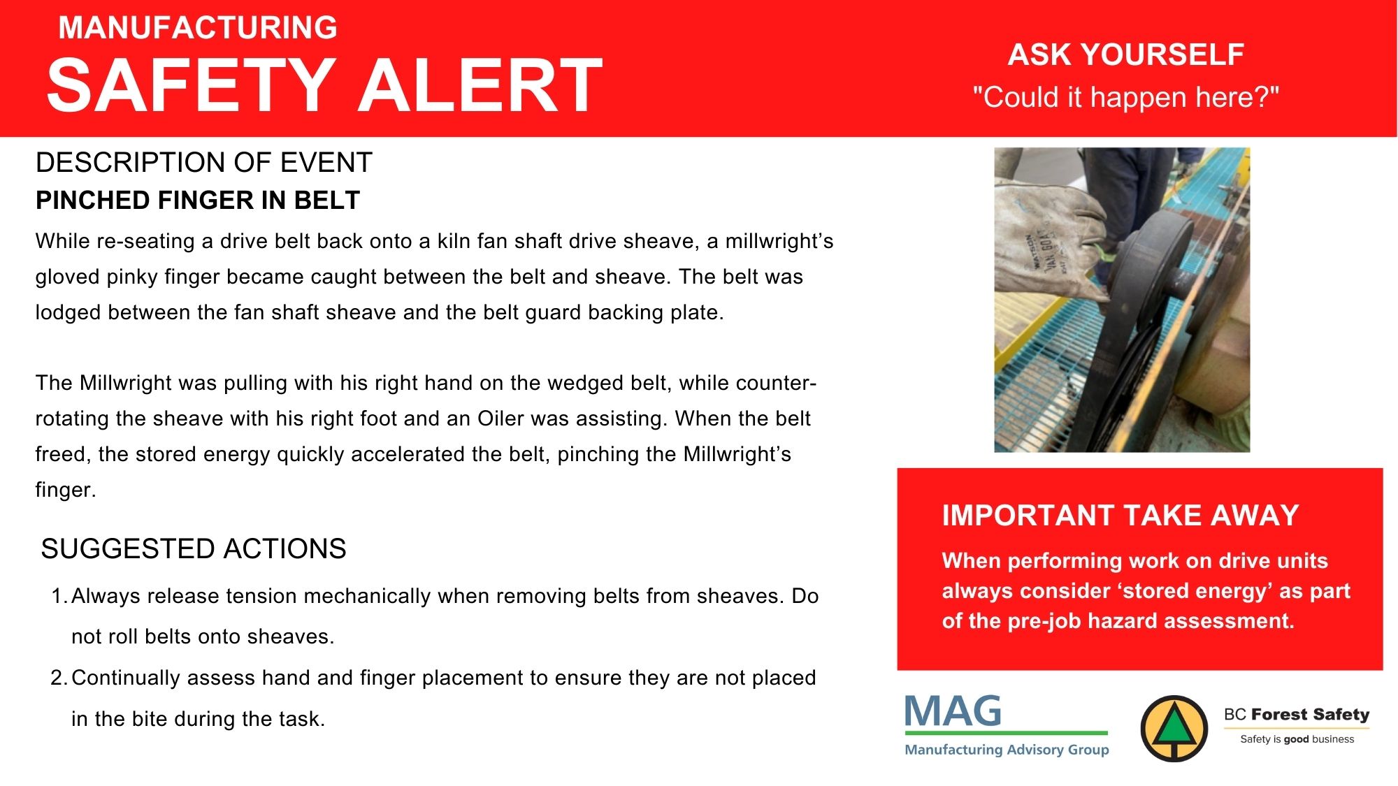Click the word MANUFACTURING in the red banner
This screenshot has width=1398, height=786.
point(198,28)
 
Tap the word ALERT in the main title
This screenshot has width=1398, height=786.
point(480,85)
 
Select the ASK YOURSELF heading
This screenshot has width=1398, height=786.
point(1126,54)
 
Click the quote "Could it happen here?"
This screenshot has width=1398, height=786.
point(1126,97)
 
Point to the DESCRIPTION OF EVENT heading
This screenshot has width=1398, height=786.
point(203,163)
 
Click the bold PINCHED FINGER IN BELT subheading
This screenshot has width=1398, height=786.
point(198,201)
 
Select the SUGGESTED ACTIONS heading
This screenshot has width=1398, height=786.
point(194,549)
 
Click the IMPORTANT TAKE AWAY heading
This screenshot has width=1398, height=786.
point(1120,516)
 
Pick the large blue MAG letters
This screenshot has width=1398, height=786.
point(953,711)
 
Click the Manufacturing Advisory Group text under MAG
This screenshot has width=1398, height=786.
point(1007,750)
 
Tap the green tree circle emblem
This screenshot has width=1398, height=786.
point(1174,729)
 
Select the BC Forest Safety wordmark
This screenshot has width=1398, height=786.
point(1297,714)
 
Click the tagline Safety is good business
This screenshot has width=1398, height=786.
point(1297,739)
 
